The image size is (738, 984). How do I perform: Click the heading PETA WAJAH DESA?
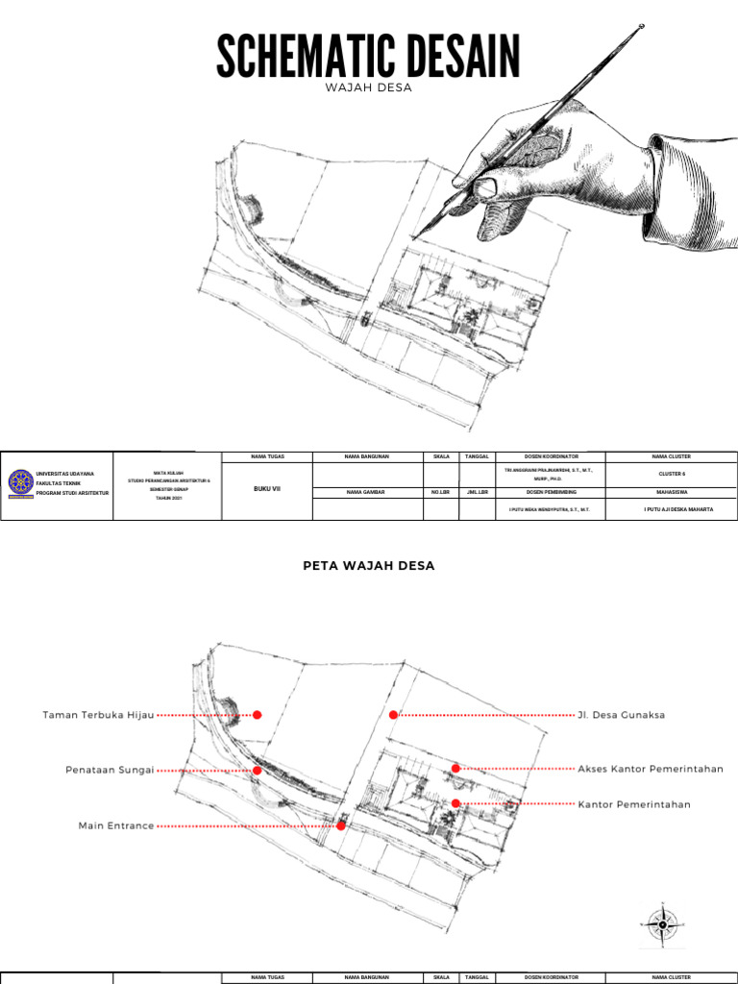click(x=369, y=566)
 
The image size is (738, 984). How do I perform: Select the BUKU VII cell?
click(x=267, y=488)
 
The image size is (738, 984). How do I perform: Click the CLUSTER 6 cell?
click(x=671, y=474)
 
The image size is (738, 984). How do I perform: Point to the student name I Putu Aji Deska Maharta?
click(x=671, y=510)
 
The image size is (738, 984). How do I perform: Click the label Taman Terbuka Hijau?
click(x=98, y=715)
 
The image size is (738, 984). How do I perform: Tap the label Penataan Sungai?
click(x=110, y=771)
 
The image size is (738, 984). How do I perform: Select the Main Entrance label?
click(x=115, y=825)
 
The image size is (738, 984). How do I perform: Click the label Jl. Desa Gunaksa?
click(x=621, y=715)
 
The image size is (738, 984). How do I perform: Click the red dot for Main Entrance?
click(x=340, y=825)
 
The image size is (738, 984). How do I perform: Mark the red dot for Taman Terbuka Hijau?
click(x=258, y=715)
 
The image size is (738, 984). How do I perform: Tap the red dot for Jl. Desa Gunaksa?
click(x=393, y=714)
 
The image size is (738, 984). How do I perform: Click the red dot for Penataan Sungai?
click(x=257, y=771)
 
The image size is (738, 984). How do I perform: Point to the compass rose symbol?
click(x=661, y=924)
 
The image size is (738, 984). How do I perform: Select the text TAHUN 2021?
click(x=167, y=498)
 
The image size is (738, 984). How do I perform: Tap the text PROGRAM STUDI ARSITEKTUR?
click(x=73, y=492)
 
